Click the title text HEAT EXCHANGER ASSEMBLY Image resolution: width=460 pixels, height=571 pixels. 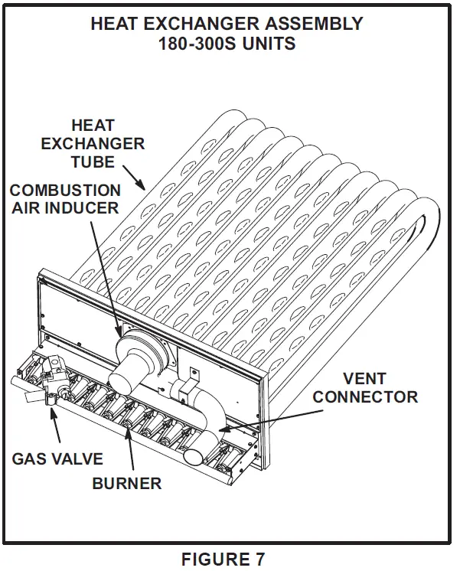click(227, 24)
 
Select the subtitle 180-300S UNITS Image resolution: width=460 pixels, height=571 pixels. click(227, 44)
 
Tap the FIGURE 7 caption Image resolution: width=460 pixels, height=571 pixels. click(223, 559)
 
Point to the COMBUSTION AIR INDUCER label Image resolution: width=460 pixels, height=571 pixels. click(64, 198)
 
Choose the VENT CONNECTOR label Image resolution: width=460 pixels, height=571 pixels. click(365, 387)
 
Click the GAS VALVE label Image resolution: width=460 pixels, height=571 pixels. click(57, 458)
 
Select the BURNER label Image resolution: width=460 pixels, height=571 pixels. click(127, 483)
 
